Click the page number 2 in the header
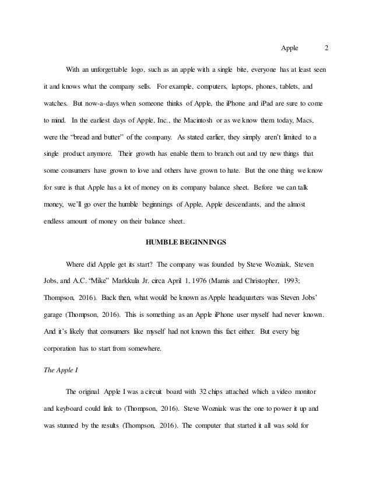coord(327,48)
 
